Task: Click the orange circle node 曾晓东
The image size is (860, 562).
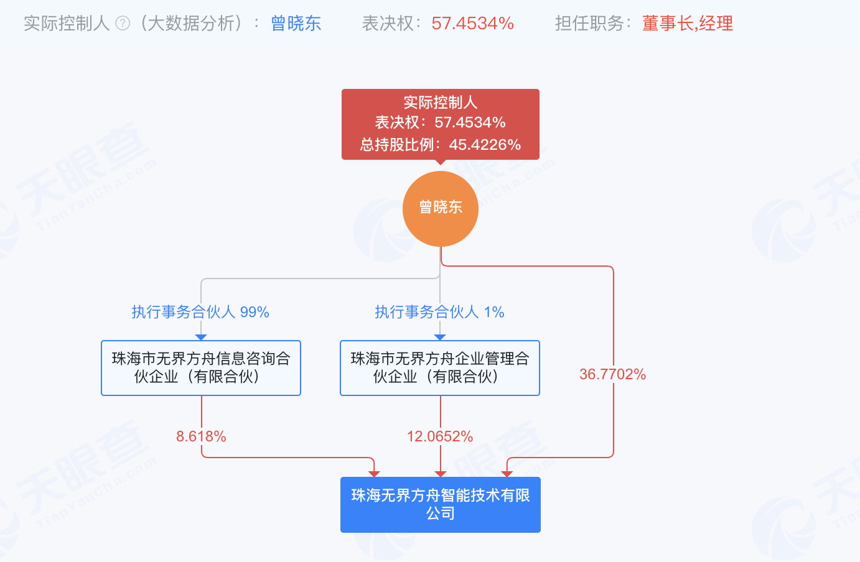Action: click(441, 208)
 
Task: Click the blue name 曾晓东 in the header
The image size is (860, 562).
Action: click(296, 24)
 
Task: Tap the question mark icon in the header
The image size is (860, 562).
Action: click(123, 24)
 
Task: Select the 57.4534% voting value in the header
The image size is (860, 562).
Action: click(472, 24)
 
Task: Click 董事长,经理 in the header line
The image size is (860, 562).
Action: click(687, 24)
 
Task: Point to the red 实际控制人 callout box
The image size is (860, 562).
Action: click(441, 124)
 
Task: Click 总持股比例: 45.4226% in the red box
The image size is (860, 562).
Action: click(441, 145)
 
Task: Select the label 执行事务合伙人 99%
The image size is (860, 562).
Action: click(200, 312)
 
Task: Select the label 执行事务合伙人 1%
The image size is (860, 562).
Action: click(439, 312)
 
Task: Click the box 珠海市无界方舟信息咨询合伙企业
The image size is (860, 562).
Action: click(201, 367)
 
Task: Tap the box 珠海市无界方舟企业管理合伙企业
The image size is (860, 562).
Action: click(440, 367)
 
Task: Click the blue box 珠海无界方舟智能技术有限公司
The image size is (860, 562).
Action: click(441, 504)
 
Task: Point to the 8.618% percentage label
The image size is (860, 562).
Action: click(201, 436)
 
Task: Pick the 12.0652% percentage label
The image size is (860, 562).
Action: click(440, 436)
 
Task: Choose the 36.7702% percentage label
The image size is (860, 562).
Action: click(612, 374)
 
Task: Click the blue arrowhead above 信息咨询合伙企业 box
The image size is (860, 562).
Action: click(201, 337)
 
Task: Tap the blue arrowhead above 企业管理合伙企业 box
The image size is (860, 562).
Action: click(440, 337)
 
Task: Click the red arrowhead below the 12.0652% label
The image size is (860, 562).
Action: click(441, 474)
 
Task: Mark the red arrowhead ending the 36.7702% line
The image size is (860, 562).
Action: click(507, 474)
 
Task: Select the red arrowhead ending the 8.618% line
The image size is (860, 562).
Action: click(374, 474)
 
